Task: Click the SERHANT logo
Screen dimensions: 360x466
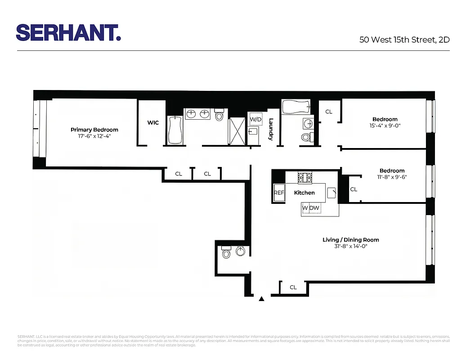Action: coord(68,33)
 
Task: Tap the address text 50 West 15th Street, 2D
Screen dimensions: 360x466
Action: coord(404,40)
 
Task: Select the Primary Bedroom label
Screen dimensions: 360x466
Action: coord(94,130)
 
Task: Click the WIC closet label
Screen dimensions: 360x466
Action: coord(153,122)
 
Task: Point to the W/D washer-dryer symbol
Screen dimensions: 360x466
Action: coord(255,119)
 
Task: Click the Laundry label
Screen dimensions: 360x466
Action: coord(271,129)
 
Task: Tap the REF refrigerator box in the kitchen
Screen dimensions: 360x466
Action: coord(279,193)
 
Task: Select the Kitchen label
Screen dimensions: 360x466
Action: coord(305,193)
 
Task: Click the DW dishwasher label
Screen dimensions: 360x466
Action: coord(315,208)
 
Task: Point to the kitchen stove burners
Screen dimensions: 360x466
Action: coord(305,178)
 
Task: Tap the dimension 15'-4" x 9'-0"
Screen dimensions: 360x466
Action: coord(385,126)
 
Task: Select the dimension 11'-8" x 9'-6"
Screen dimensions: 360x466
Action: coord(392,177)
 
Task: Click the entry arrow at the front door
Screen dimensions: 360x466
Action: coord(262,298)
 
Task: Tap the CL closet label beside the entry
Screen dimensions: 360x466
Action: coord(293,287)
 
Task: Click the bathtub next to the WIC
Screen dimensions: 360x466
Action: coord(174,130)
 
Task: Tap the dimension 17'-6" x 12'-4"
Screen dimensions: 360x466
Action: coord(94,136)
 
